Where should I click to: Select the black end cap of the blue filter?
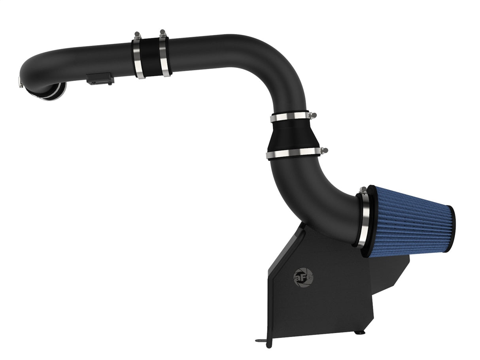point(451,229)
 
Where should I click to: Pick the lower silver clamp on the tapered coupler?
point(293,153)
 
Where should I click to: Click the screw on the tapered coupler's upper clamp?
point(313,115)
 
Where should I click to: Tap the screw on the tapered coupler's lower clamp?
point(325,150)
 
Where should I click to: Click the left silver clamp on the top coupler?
point(138,58)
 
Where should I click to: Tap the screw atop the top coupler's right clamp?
point(163,32)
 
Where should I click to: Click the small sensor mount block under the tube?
point(100,79)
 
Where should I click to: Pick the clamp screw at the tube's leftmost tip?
point(20,82)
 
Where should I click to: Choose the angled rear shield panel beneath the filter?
point(389,273)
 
